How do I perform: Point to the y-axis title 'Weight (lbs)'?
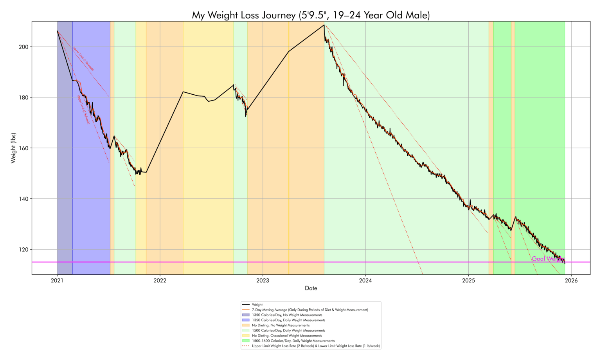click(13, 148)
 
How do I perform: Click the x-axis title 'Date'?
click(311, 288)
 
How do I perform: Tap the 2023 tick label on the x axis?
click(263, 280)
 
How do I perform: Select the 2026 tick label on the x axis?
click(571, 280)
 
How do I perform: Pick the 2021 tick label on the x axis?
click(57, 280)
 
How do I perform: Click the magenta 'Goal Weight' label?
click(548, 259)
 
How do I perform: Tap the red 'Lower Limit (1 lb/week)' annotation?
click(83, 59)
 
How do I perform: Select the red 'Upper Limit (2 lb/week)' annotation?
click(84, 109)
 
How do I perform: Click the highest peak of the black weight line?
click(324, 25)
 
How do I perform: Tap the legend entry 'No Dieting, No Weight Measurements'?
click(281, 325)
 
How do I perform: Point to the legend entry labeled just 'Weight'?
click(257, 304)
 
